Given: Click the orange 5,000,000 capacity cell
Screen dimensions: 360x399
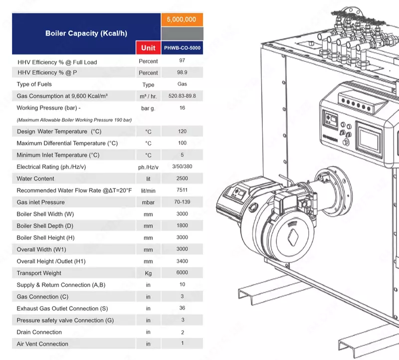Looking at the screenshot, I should coord(182,19).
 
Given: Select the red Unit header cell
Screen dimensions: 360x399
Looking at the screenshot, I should coord(148,48).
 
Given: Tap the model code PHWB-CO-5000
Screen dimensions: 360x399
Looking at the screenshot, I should coord(182,48).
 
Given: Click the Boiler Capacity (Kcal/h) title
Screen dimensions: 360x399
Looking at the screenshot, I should coord(86,33).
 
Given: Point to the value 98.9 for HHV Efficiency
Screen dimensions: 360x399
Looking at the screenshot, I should coord(182,73).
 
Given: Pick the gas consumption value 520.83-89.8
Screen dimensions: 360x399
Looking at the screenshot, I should coord(182,96).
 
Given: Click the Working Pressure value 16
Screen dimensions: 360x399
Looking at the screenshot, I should coord(182,108).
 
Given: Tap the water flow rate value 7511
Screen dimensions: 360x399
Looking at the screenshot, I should coord(182,190).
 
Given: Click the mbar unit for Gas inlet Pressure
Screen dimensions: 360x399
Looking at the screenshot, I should coord(148,202).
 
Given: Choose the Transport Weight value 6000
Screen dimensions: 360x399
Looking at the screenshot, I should coord(182,273).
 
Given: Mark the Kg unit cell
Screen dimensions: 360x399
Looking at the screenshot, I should coord(148,273).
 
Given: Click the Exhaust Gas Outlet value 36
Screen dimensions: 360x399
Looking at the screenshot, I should coord(182,308).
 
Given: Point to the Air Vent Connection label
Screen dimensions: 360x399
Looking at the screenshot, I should coord(42,344).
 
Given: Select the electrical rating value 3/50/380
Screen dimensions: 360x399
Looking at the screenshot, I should coord(182,167).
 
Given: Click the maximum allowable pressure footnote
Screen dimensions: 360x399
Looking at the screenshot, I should coord(74,120).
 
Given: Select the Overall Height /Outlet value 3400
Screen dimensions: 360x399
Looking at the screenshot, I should coord(182,261).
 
